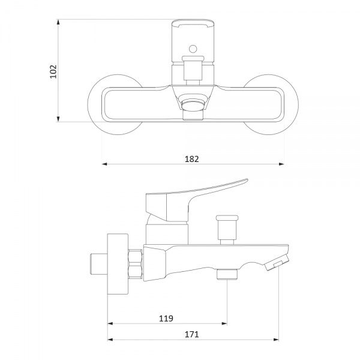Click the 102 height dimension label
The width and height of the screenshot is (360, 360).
[x=53, y=71]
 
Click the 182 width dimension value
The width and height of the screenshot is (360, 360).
[x=192, y=159]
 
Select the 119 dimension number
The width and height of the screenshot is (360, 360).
[x=166, y=319]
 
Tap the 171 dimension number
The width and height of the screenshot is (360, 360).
[x=192, y=334]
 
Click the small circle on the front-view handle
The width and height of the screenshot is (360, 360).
[x=193, y=49]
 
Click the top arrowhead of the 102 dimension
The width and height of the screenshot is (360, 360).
[x=58, y=22]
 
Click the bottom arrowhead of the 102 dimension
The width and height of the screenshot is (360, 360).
[x=58, y=119]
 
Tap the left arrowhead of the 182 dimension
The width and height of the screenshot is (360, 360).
[x=104, y=164]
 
